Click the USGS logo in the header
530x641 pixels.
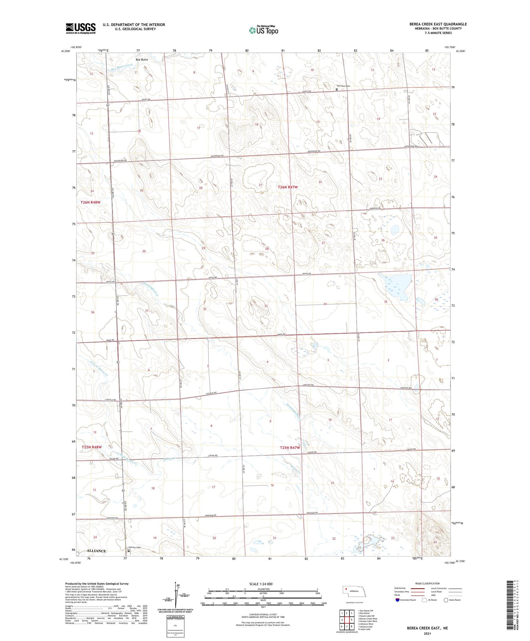(x=81, y=28)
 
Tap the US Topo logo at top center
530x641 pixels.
(x=264, y=30)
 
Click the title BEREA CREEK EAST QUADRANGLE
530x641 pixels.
(x=438, y=24)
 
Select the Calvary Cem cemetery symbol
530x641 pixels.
(x=129, y=551)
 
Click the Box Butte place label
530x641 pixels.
(x=142, y=60)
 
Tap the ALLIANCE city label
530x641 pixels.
(x=96, y=551)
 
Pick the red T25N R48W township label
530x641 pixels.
(x=92, y=447)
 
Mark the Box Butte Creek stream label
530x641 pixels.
(x=122, y=66)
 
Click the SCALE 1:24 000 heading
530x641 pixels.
(x=261, y=584)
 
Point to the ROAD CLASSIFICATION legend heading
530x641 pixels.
(x=428, y=583)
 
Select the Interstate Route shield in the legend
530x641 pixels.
(x=397, y=600)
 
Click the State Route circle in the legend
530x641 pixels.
(x=446, y=600)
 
